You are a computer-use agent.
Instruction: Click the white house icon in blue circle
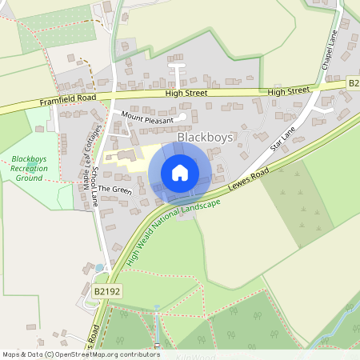click(x=180, y=173)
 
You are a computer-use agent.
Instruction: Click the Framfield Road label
click(x=67, y=100)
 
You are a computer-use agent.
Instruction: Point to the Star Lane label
click(x=283, y=137)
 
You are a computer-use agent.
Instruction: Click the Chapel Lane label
click(x=329, y=50)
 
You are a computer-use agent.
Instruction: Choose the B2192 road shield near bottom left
click(x=106, y=293)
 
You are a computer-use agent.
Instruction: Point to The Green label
click(x=114, y=190)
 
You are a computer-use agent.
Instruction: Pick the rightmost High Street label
click(x=287, y=91)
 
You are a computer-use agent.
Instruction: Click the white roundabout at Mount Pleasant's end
click(x=182, y=118)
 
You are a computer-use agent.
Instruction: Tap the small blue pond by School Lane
click(x=99, y=268)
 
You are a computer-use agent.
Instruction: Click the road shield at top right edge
click(x=354, y=83)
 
